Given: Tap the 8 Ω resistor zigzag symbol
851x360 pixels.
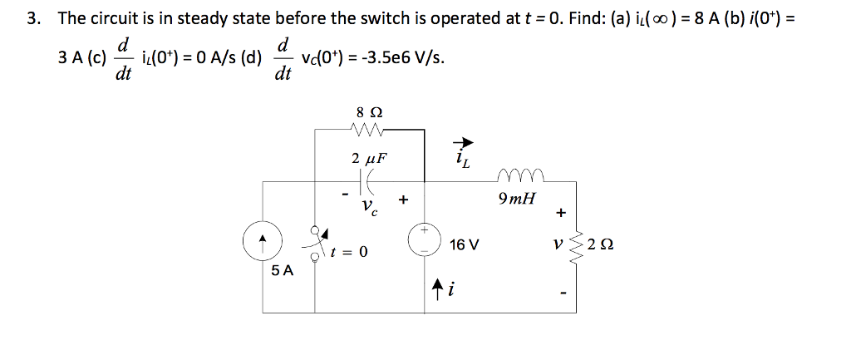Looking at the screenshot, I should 366,129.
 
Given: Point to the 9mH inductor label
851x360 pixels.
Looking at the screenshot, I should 517,200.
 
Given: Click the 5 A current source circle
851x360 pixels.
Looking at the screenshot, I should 263,242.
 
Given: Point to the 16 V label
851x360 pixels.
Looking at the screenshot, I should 464,245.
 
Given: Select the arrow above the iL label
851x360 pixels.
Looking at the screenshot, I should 460,144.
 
